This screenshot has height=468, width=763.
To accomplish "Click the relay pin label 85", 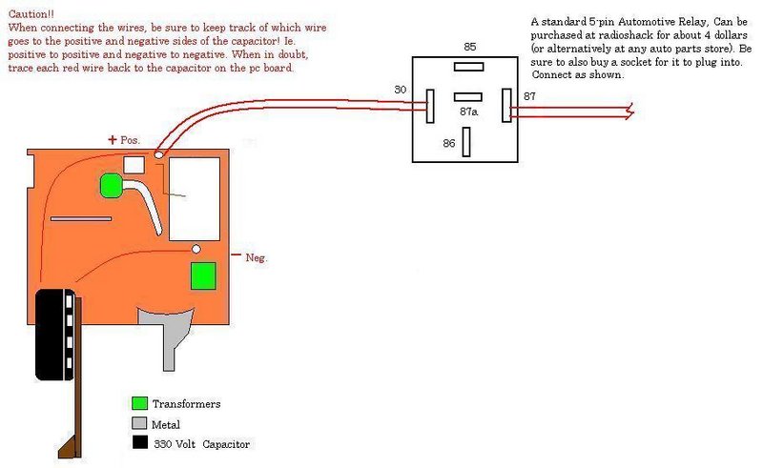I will [x=469, y=46].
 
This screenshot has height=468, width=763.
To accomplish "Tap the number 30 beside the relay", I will [x=400, y=90].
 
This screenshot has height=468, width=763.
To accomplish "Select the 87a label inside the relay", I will [x=468, y=112].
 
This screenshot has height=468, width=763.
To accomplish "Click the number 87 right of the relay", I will [x=529, y=96].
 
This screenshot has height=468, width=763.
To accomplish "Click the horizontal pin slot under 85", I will [x=468, y=67].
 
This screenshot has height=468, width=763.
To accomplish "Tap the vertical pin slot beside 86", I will [x=466, y=142].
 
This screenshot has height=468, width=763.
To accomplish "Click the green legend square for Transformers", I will [x=140, y=404].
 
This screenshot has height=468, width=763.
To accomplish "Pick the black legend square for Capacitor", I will [x=140, y=443].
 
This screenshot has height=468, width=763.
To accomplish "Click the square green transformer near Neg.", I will [x=202, y=276].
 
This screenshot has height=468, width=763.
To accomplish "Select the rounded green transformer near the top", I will [x=112, y=185].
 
